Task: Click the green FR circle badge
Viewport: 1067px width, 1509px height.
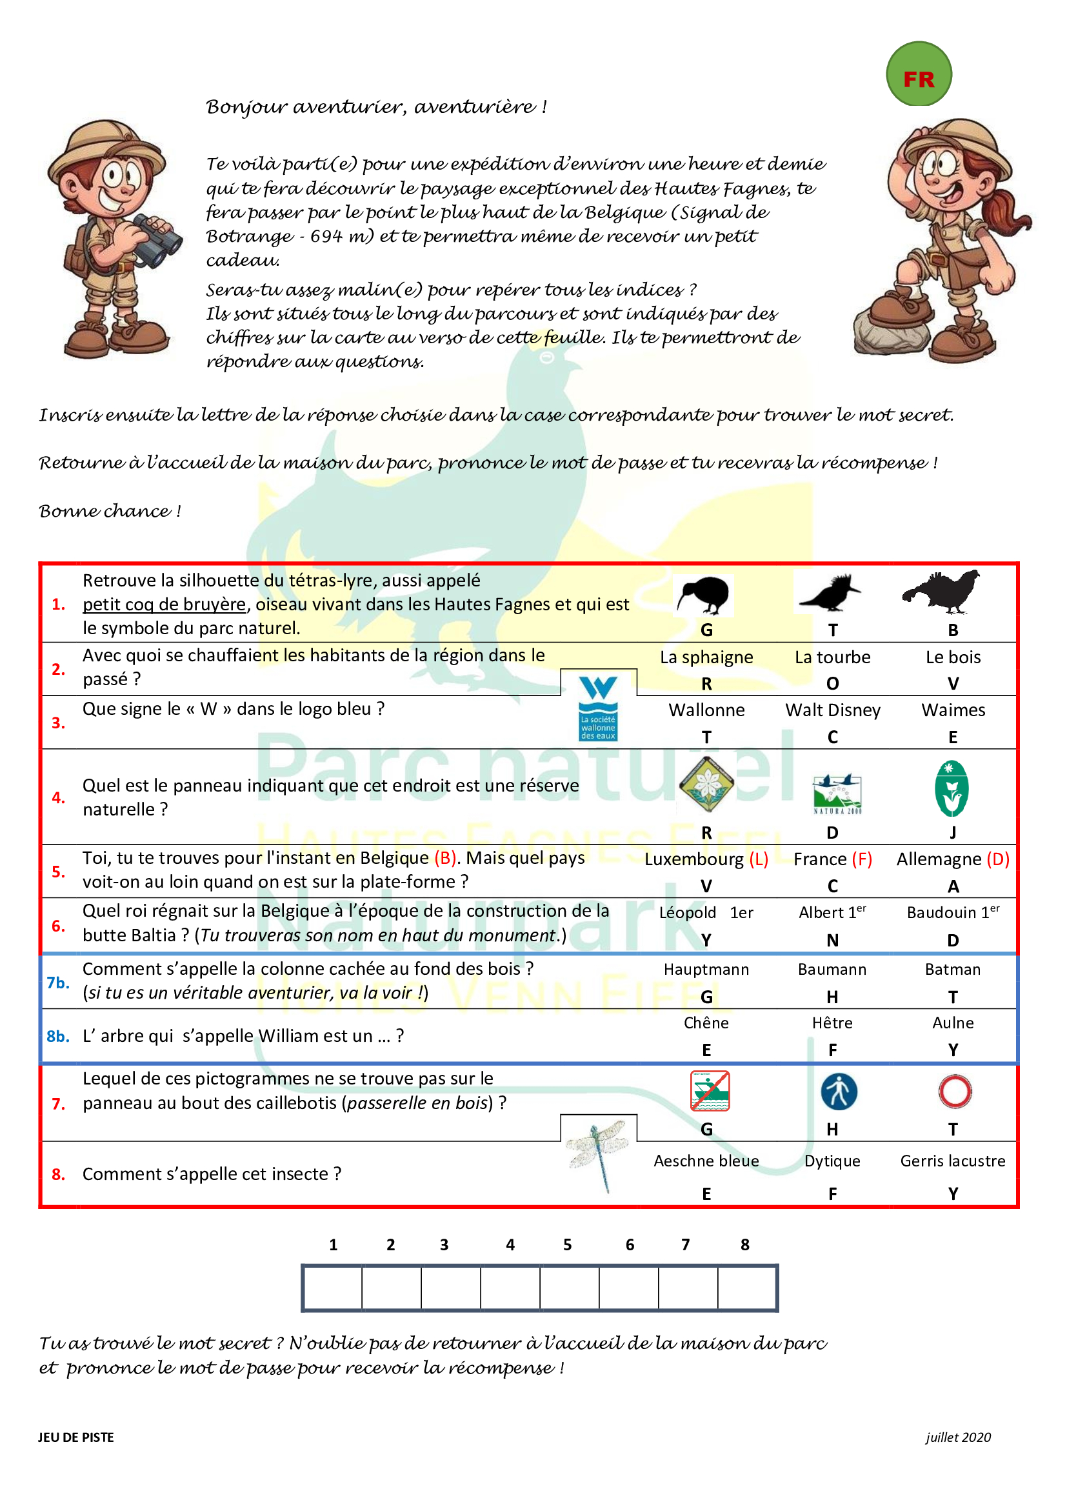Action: tap(919, 74)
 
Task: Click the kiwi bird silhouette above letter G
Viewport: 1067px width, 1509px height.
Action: tap(704, 595)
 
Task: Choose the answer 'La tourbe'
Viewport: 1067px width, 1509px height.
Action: tap(832, 657)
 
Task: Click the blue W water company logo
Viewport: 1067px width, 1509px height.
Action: tap(598, 708)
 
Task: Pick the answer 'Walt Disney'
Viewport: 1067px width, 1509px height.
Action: tap(832, 710)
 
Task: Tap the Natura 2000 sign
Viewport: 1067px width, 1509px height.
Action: tap(837, 794)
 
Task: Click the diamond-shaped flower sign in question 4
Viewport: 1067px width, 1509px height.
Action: tap(706, 784)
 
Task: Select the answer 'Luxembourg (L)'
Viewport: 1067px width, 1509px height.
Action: tap(706, 859)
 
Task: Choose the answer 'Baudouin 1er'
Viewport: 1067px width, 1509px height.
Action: tap(953, 912)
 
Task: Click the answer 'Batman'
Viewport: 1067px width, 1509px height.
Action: tap(953, 970)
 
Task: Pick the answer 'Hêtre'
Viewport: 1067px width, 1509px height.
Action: tap(832, 1023)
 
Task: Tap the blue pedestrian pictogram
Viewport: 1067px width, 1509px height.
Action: tap(839, 1092)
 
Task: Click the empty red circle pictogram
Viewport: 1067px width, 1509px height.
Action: tap(955, 1092)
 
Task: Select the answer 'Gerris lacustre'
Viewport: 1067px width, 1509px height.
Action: tap(953, 1161)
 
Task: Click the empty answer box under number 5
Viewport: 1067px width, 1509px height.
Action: tap(569, 1288)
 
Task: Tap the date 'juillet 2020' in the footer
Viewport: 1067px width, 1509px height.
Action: tap(958, 1437)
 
